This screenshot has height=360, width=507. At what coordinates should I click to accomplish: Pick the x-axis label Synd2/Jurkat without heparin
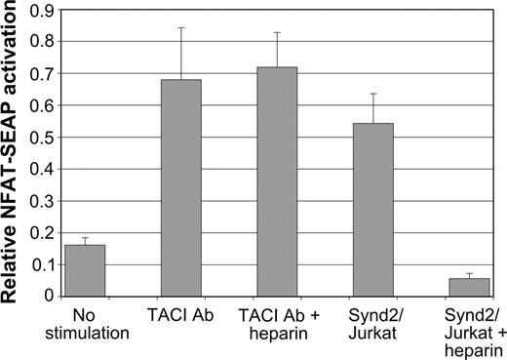(x=369, y=325)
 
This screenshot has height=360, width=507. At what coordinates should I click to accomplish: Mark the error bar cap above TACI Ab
(x=180, y=27)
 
